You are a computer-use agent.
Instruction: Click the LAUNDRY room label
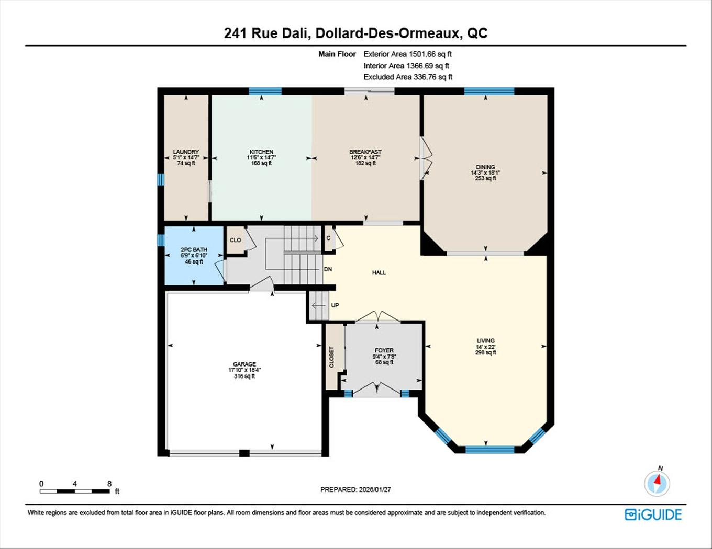pos(186,152)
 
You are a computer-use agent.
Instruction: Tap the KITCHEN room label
pos(261,152)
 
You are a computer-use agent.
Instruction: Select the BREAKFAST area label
pos(365,152)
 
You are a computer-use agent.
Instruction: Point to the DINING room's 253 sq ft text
pos(485,179)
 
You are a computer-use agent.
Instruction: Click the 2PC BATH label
pos(194,250)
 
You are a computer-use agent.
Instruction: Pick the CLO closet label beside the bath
pos(236,240)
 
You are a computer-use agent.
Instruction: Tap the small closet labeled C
pos(328,238)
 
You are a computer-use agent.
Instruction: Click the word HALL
pos(379,272)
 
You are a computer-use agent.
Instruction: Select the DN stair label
pos(328,270)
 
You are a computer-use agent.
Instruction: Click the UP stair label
pos(335,305)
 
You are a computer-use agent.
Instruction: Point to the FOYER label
pos(384,351)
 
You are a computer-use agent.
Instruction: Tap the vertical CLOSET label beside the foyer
pos(331,357)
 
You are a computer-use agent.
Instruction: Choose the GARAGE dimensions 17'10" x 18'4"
pos(244,370)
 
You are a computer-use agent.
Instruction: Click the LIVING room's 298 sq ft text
pos(485,353)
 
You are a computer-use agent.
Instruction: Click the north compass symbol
pos(657,482)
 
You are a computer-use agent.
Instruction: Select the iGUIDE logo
pos(653,514)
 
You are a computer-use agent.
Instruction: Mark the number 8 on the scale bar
pos(109,484)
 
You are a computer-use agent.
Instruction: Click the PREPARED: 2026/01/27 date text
pos(355,490)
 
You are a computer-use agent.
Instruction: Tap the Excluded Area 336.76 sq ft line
pos(408,77)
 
